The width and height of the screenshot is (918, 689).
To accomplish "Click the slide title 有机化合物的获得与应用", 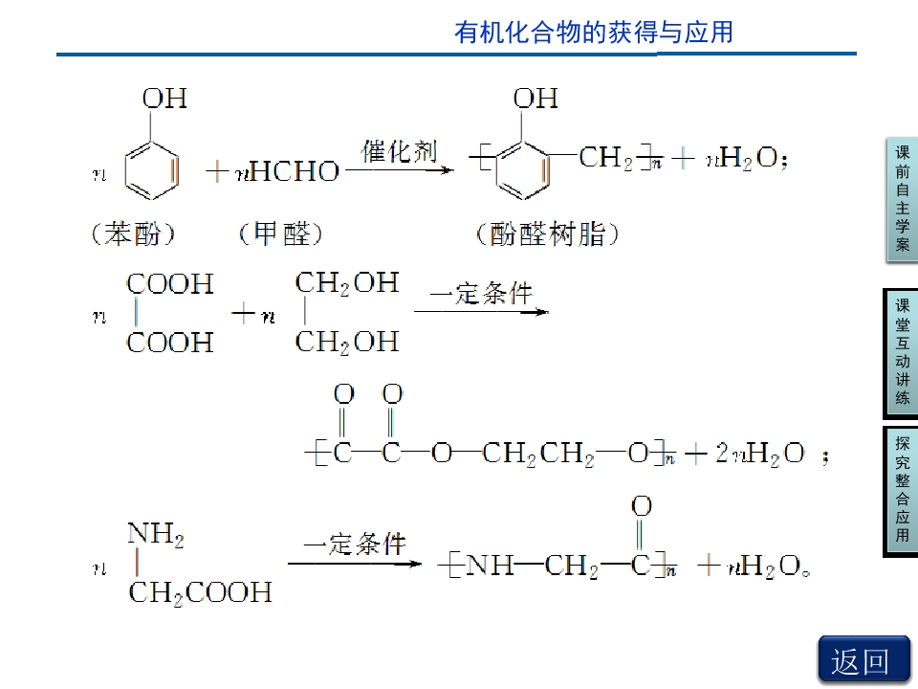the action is (x=594, y=33).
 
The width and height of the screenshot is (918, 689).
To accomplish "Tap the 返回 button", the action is (x=863, y=660).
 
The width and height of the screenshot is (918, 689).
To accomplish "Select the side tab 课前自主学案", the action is (x=902, y=199).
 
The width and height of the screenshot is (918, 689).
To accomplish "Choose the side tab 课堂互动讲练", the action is (x=902, y=353).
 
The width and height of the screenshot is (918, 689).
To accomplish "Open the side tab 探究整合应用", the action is (x=902, y=491).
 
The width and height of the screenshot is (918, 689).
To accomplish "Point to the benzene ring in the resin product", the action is (x=523, y=170).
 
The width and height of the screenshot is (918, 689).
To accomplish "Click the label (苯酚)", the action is (x=133, y=234).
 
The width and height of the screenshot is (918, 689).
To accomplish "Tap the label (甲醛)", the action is (x=280, y=234).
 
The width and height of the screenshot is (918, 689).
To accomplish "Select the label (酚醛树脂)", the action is (x=547, y=234).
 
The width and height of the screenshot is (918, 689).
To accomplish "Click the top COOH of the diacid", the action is (x=170, y=284).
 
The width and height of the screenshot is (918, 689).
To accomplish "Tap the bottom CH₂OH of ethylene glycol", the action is (x=347, y=343).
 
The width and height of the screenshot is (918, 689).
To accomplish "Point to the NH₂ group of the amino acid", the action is (x=156, y=534).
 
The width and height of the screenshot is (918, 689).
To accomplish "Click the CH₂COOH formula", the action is (x=200, y=593).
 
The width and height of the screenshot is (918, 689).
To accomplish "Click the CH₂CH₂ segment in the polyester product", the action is (x=538, y=454).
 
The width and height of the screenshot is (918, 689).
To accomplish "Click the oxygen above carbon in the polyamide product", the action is (x=642, y=505).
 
